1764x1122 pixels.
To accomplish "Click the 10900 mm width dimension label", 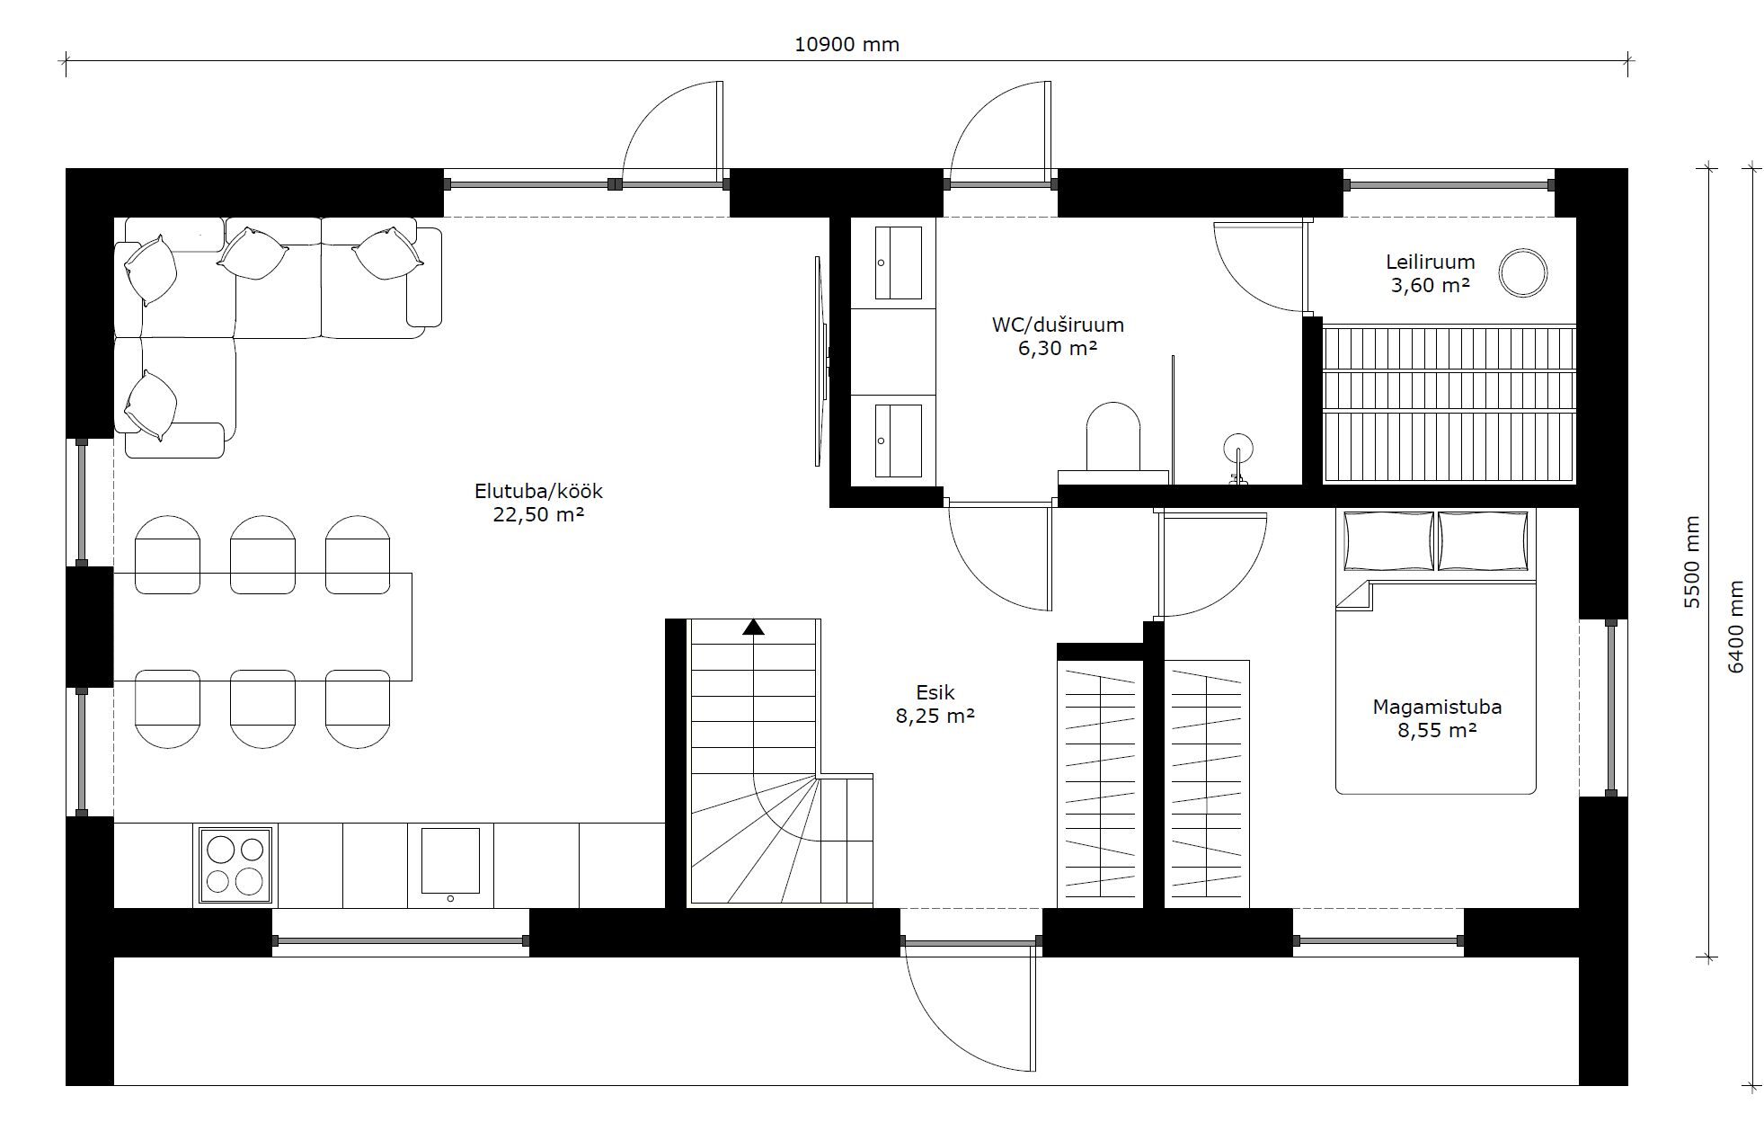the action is [847, 44].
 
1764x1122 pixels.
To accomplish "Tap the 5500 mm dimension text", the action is [1692, 562].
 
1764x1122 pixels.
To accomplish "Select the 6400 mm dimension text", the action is [1735, 626].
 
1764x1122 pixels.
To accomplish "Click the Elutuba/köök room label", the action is [538, 492].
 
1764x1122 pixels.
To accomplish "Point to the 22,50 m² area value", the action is [538, 514].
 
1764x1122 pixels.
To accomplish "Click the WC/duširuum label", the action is [1058, 325].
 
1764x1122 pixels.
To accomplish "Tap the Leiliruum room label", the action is [1430, 262].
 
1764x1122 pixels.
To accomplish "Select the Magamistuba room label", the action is [1437, 707].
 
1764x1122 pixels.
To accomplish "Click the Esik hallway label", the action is [935, 692].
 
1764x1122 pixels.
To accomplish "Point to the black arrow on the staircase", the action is [753, 627].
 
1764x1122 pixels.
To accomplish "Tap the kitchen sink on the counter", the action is [450, 864].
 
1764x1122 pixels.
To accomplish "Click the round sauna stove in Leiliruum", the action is [1523, 272].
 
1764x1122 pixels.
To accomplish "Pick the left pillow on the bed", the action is [1388, 540].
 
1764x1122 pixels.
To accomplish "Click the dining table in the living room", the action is [262, 627].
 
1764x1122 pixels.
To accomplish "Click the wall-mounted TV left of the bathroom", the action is [820, 361].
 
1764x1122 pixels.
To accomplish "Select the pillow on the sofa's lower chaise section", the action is [150, 406].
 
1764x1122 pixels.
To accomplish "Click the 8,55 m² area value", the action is [1437, 730].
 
